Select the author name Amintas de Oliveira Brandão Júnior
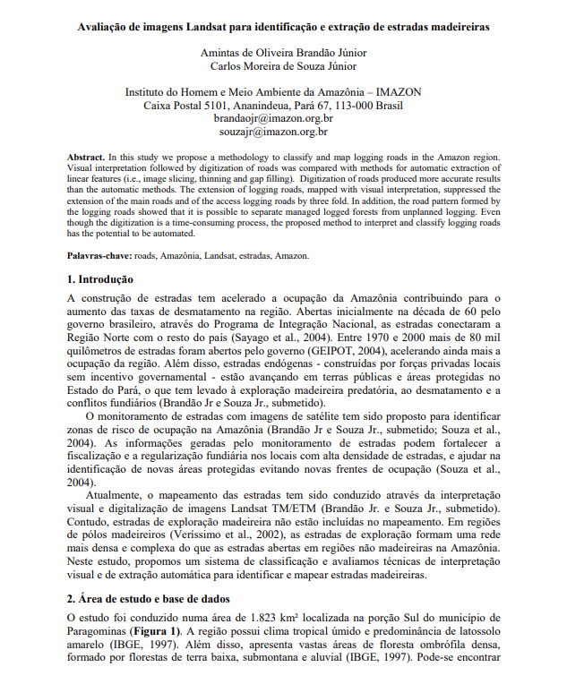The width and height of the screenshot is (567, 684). [x=283, y=52]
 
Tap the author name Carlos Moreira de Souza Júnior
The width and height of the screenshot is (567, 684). [x=283, y=65]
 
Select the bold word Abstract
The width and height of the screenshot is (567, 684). [x=86, y=157]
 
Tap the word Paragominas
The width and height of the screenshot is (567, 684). [x=99, y=631]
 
